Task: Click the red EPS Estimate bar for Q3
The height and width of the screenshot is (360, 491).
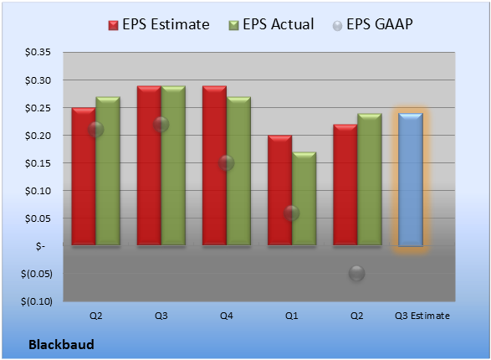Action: click(149, 165)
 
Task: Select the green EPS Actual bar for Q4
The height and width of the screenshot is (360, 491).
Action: click(238, 171)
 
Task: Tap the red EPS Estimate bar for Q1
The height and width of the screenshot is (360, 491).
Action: click(279, 190)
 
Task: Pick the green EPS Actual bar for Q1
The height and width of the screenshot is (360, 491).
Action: click(304, 198)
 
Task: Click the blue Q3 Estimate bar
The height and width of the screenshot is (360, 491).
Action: click(411, 179)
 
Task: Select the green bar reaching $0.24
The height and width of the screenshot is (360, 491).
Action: click(370, 179)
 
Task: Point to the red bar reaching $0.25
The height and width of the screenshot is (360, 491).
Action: click(84, 176)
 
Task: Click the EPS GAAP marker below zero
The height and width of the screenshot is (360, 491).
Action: click(356, 273)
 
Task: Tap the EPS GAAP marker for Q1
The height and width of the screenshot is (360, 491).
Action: click(292, 213)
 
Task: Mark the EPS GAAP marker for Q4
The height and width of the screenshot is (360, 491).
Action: click(227, 163)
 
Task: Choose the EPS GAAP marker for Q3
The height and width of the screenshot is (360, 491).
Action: click(161, 125)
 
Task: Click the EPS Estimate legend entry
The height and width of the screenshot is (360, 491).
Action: click(159, 24)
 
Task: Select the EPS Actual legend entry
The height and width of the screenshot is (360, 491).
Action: click(271, 24)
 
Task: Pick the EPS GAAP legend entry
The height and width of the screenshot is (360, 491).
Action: click(372, 24)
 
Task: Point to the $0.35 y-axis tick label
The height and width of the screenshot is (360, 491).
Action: click(38, 52)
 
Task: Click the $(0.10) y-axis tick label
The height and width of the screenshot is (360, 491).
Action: click(37, 301)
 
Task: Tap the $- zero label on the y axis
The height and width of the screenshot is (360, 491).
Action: click(40, 246)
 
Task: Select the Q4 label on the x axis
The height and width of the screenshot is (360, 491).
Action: click(227, 316)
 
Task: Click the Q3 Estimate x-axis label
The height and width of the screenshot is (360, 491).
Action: click(422, 316)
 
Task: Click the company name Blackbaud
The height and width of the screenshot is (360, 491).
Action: click(61, 344)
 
